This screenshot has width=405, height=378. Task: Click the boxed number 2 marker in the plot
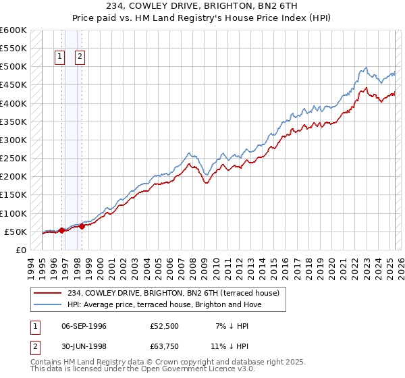[x=80, y=57]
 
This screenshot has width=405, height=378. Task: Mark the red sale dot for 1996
[x=61, y=230]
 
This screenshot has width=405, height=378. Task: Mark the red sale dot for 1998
[x=82, y=226]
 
